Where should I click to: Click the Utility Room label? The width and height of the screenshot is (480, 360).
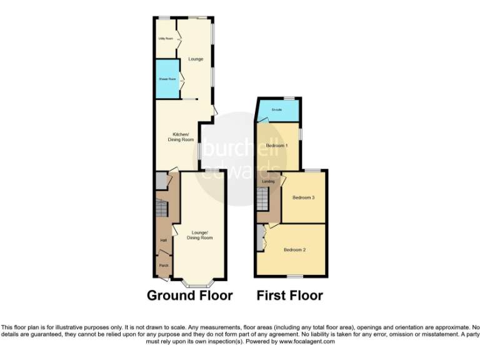[166, 39]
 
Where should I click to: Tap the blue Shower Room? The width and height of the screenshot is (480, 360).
[166, 79]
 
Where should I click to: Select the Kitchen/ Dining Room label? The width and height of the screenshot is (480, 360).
[181, 137]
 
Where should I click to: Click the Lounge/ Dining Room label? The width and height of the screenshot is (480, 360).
[199, 235]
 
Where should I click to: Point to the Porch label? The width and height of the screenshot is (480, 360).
[163, 265]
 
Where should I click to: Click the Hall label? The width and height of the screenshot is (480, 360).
[163, 240]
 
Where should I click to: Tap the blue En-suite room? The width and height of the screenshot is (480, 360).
[277, 111]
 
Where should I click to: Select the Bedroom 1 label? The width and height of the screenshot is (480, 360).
[276, 146]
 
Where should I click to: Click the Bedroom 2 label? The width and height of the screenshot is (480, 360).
[294, 250]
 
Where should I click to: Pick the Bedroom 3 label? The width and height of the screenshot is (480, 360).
[304, 197]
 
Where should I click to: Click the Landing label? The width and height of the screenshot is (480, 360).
[268, 181]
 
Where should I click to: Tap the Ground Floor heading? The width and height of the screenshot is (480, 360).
[189, 296]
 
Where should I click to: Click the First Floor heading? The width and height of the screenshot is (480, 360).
[289, 296]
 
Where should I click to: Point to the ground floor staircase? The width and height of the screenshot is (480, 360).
[162, 209]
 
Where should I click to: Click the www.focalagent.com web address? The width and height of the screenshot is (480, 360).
[307, 342]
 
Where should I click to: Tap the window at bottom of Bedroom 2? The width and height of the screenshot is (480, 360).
[294, 276]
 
